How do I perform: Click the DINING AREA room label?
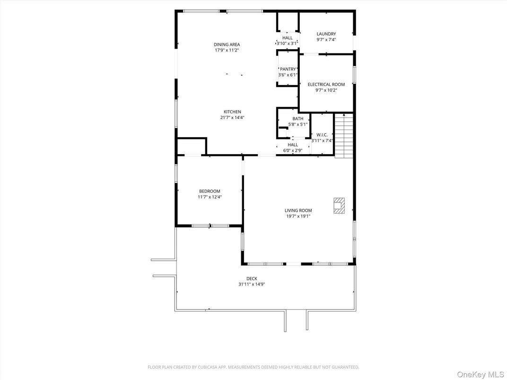pos(227,44)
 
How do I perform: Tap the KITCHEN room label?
pos(232,112)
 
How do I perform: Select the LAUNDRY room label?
pos(326,34)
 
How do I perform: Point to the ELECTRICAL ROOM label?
pos(326,85)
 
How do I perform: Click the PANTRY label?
pos(288,69)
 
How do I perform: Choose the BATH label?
pos(297,119)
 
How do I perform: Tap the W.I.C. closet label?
pos(322,135)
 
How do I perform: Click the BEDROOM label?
pos(210,191)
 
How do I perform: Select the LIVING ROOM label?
pos(298,211)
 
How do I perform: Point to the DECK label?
pos(252,279)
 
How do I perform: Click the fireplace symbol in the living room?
pos(339,206)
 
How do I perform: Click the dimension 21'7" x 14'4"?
pos(232,118)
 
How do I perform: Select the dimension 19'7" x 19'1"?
pos(298,216)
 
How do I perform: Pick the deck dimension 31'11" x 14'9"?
pos(252,285)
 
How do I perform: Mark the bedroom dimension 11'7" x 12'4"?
pos(210,197)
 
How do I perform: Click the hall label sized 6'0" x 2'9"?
pos(293,145)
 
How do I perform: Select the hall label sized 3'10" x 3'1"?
pos(287,38)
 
